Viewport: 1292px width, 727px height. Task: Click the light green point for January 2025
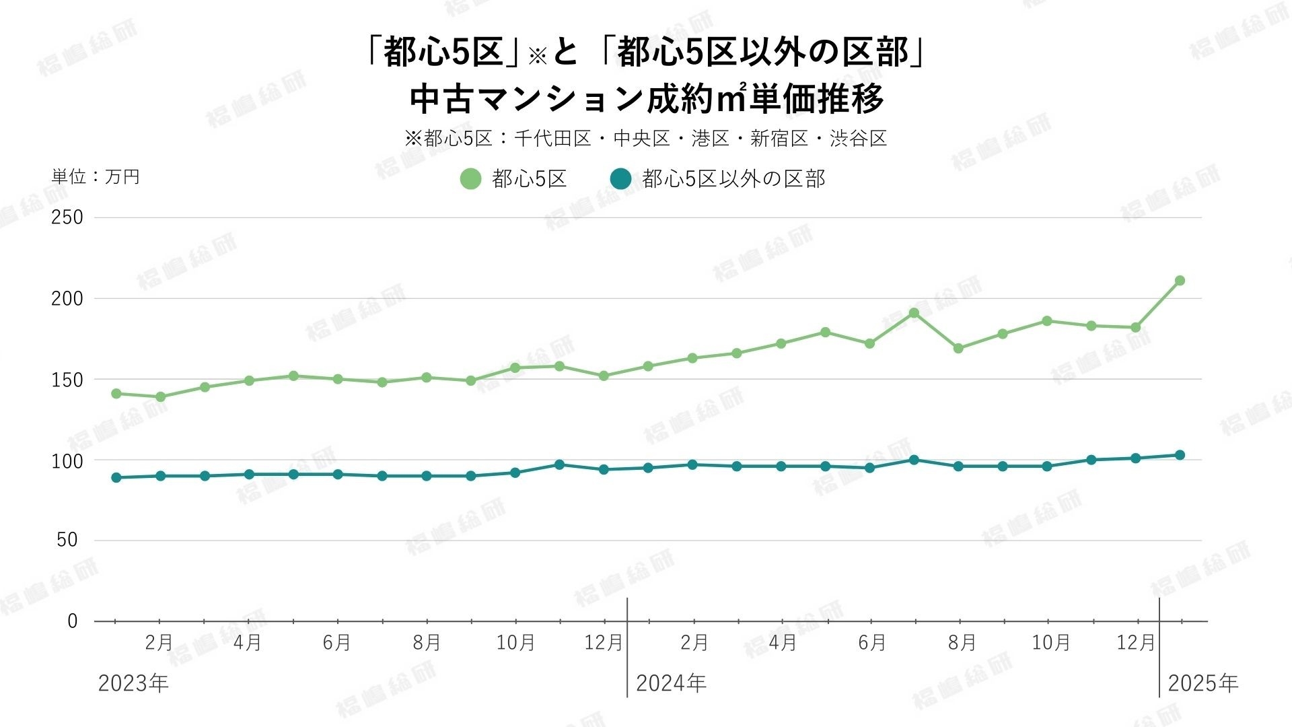click(x=1180, y=281)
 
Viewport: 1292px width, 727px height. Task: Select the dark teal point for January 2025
click(x=1180, y=455)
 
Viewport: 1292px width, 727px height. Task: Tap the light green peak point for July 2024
click(x=914, y=313)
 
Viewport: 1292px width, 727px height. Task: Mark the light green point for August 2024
click(x=958, y=349)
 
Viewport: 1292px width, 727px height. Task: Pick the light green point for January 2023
click(x=116, y=394)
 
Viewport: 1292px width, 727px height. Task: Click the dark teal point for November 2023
click(x=559, y=464)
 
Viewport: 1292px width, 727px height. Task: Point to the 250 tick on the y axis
click(x=67, y=217)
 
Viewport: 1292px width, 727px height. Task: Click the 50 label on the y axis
click(x=67, y=540)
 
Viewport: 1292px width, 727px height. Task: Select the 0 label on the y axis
click(x=73, y=621)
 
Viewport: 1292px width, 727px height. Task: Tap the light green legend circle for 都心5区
click(x=470, y=179)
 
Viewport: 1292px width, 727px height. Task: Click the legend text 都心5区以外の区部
click(x=733, y=179)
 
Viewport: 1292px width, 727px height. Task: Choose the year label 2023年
click(x=133, y=684)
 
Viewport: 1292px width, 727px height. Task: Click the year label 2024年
click(x=671, y=684)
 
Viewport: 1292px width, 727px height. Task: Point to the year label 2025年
click(x=1203, y=684)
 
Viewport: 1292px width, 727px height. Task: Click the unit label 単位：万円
click(x=96, y=177)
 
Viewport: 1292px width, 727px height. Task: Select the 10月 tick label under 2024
click(x=1050, y=643)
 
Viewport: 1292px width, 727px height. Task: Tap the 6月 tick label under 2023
click(x=337, y=643)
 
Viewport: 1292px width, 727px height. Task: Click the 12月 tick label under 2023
click(x=604, y=643)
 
